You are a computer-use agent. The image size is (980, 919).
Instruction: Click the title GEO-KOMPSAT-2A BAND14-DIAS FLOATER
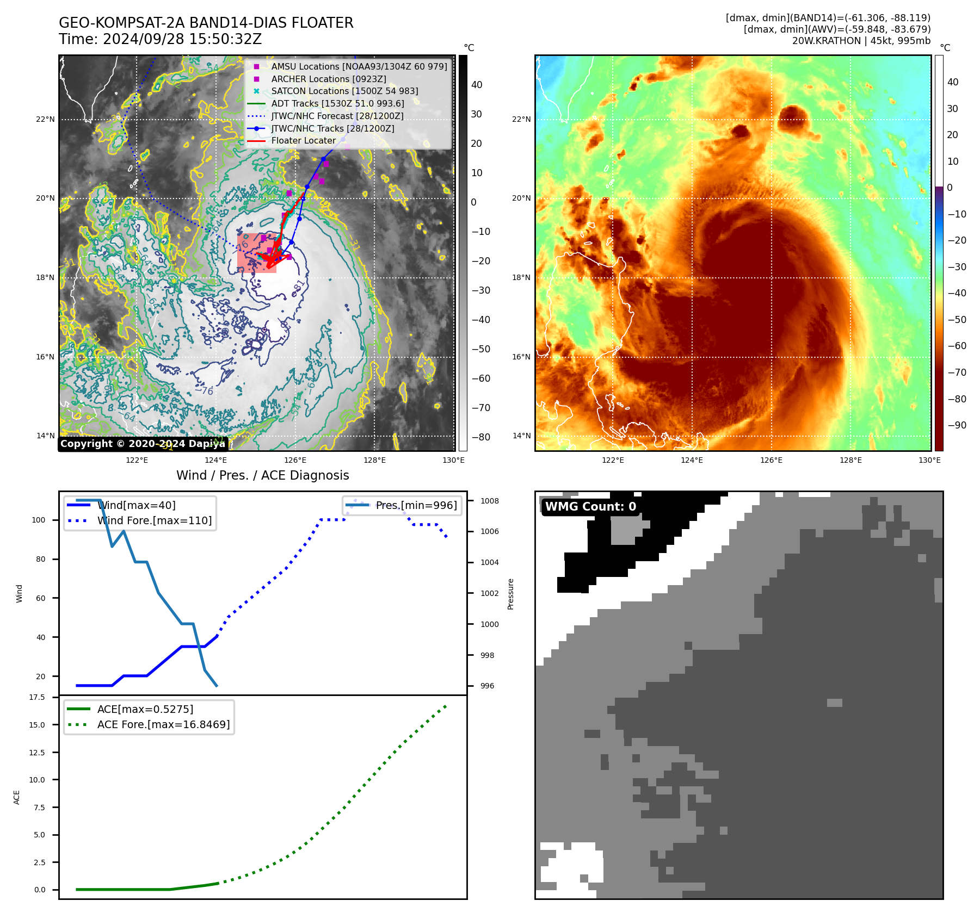tap(206, 23)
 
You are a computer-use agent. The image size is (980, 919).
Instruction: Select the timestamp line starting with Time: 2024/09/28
tap(160, 39)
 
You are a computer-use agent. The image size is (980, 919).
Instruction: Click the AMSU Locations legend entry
tap(359, 66)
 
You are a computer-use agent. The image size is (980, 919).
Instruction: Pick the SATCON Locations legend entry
tap(344, 91)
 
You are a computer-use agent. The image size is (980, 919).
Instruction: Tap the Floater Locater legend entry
tap(303, 140)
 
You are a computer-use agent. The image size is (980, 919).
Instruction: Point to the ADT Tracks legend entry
tap(337, 103)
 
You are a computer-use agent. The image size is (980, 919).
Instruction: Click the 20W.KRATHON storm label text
tap(861, 41)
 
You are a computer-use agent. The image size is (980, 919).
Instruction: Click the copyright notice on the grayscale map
tap(143, 444)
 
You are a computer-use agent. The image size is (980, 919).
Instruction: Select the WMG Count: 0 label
tap(590, 507)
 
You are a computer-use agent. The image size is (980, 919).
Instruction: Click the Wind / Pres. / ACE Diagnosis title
tap(262, 475)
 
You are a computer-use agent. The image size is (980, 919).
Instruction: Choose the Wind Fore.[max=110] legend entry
tap(154, 520)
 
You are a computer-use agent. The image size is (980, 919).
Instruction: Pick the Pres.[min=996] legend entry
tap(416, 505)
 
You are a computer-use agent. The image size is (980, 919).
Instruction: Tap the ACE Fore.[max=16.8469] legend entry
tap(163, 724)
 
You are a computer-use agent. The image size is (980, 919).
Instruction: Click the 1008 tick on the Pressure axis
tap(489, 501)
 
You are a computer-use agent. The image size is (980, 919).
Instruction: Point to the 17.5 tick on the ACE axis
tap(37, 697)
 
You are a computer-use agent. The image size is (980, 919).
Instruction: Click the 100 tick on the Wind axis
tap(39, 520)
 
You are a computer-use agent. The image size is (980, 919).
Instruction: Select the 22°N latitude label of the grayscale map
tap(46, 119)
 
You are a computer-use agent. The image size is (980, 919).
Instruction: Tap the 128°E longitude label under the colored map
tap(850, 460)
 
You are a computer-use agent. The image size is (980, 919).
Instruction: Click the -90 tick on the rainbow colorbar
tap(957, 425)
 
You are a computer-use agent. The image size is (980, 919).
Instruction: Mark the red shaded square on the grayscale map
tap(256, 253)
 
